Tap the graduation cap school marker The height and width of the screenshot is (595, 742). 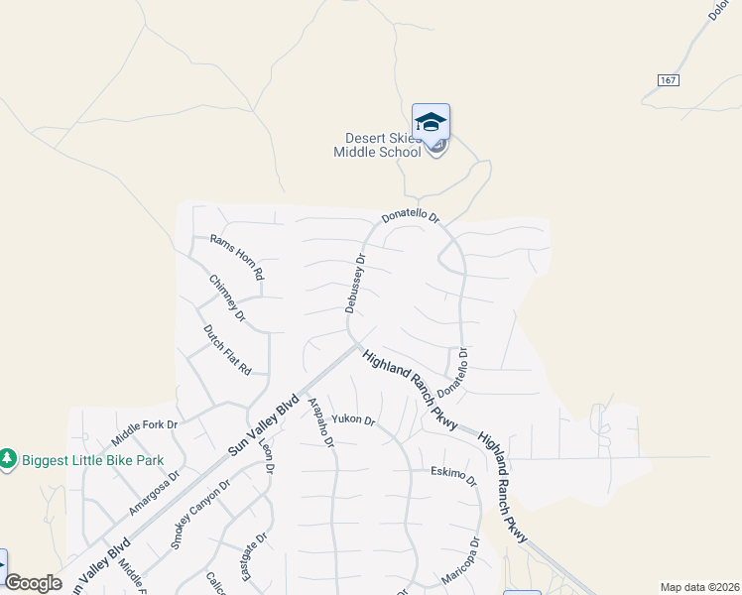click(x=431, y=122)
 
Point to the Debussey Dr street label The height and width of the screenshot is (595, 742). click(x=355, y=284)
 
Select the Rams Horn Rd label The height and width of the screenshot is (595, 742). click(x=237, y=256)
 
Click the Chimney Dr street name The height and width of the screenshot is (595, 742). click(x=227, y=297)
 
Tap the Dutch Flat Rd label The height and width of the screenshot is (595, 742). click(x=227, y=349)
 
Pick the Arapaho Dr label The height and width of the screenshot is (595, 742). click(x=321, y=420)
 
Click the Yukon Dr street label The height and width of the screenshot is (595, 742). click(x=353, y=420)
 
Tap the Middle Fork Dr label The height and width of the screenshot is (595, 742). click(x=144, y=432)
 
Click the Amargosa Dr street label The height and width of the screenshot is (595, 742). click(x=154, y=493)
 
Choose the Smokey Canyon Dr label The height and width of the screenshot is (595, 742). click(x=199, y=514)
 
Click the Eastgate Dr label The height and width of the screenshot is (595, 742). click(x=248, y=557)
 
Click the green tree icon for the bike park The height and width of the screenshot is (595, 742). click(x=8, y=459)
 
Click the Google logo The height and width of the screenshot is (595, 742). click(x=33, y=583)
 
